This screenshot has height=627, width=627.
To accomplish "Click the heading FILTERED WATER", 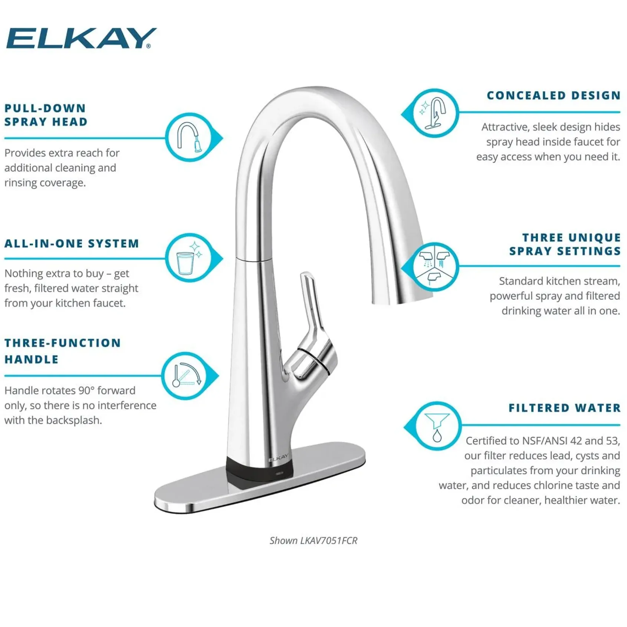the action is click(x=564, y=408).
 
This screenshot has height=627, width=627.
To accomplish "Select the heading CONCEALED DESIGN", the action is click(x=554, y=95).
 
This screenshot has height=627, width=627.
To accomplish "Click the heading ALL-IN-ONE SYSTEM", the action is click(x=72, y=243).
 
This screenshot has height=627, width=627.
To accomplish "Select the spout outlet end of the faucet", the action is click(x=403, y=299).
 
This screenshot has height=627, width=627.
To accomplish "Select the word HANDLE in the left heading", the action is click(x=32, y=360).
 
